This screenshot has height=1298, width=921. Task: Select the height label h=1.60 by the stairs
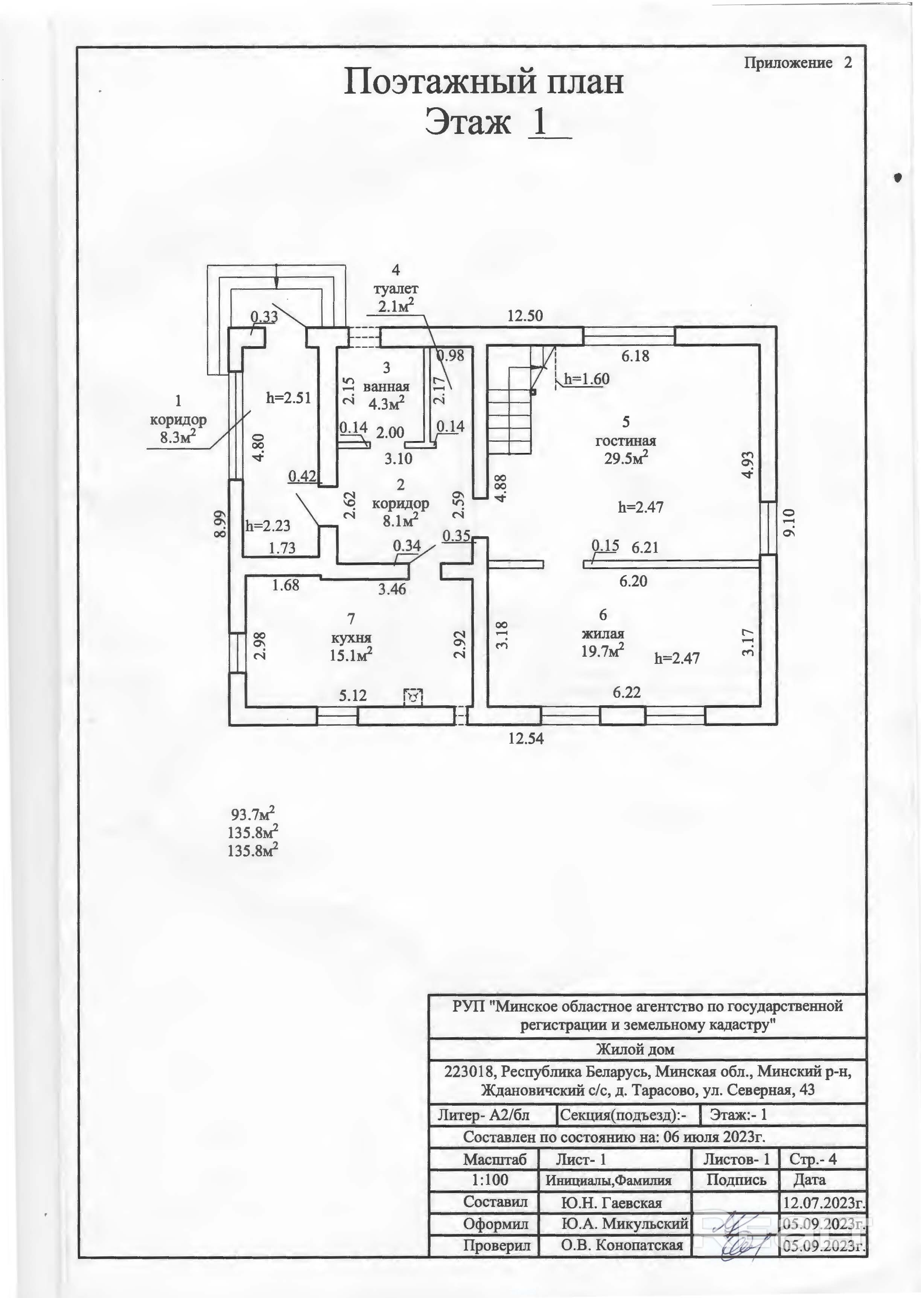coord(586,379)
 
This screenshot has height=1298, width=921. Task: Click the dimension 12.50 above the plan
coord(525,315)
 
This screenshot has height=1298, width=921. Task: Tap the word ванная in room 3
coord(386,387)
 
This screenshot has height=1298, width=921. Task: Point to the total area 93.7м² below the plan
coord(254,815)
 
